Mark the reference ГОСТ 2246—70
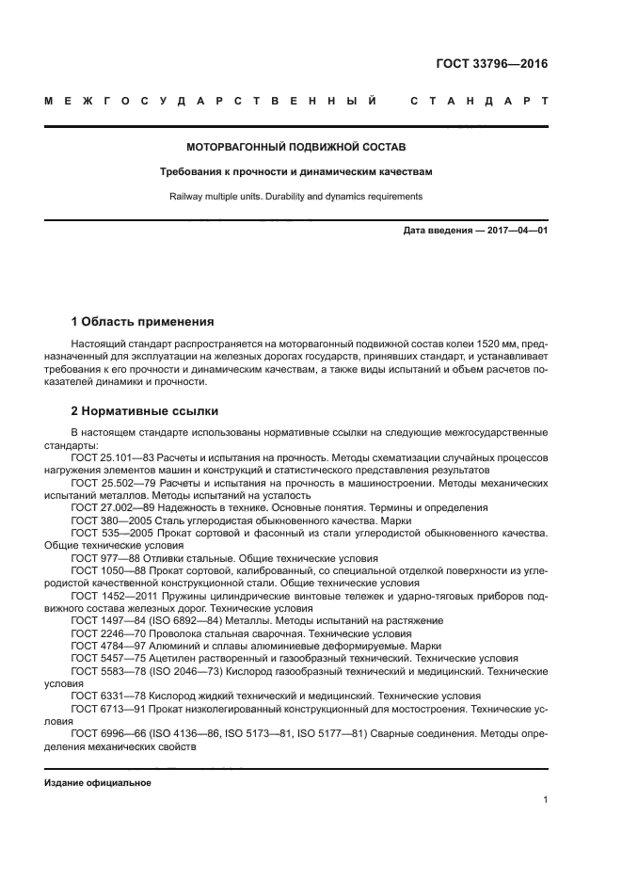[104, 634]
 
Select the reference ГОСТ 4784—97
[104, 647]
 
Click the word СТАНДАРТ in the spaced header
[479, 100]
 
